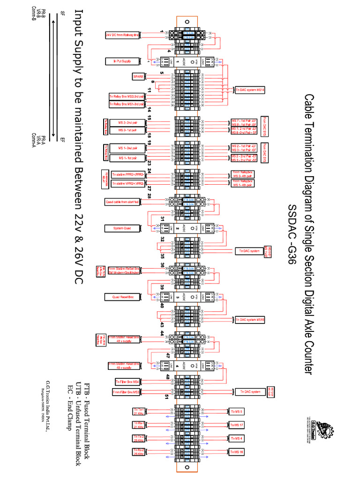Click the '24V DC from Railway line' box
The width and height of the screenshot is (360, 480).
pos(122,35)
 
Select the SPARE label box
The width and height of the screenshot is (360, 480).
pos(138,76)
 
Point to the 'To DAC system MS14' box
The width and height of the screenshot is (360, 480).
pos(250,90)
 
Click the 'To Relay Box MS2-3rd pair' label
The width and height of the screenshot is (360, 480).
pos(127,97)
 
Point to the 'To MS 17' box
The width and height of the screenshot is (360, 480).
pos(236,425)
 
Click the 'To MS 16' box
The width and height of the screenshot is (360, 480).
pos(236,452)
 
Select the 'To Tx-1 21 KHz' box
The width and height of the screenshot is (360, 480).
pos(139,412)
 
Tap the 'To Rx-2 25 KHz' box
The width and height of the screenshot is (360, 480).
pos(139,452)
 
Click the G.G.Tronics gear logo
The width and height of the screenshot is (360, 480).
pos(323,428)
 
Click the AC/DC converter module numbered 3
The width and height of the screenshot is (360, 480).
pos(184,297)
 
